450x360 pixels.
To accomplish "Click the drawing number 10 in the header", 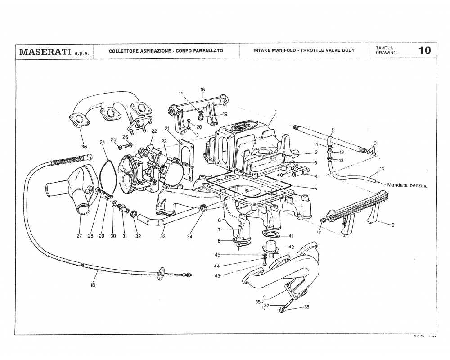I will tap(424, 50).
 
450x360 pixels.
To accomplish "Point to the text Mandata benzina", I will tap(407, 184).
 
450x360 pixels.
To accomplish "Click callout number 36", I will tap(84, 146).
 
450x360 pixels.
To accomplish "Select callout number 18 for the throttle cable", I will tap(93, 284).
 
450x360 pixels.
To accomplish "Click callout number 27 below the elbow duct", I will tap(79, 236).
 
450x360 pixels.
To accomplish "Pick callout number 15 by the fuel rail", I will tap(391, 225).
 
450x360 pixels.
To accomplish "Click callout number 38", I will tap(306, 307).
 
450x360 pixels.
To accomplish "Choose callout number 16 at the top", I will tap(202, 90).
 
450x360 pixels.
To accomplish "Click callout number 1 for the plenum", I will tap(275, 111).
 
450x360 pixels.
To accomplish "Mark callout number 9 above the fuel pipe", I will tap(333, 130).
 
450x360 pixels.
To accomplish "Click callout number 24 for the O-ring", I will tap(102, 142).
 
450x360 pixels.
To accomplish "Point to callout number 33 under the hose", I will tap(162, 236).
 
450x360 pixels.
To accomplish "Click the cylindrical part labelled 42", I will tap(271, 247).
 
